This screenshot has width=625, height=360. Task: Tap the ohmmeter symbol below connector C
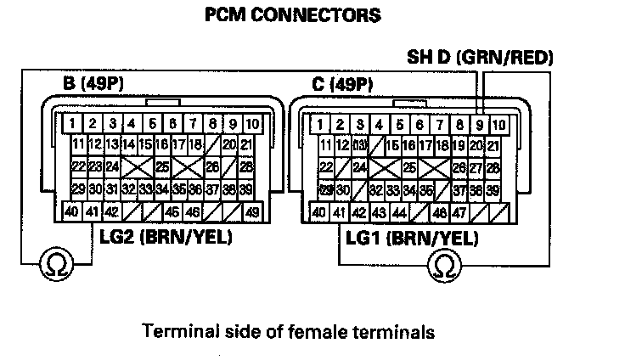pyautogui.click(x=442, y=266)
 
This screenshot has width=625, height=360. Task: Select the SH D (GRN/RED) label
pyautogui.click(x=481, y=58)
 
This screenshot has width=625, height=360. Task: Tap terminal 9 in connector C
pyautogui.click(x=481, y=125)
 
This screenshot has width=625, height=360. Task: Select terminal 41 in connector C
pyautogui.click(x=340, y=212)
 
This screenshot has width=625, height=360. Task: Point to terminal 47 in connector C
pyautogui.click(x=459, y=212)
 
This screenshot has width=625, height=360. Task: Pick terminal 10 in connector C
pyautogui.click(x=499, y=125)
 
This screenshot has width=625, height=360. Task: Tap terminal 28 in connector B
pyautogui.click(x=246, y=166)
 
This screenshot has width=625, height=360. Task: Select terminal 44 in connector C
pyautogui.click(x=399, y=212)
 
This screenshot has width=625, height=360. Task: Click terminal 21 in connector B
pyautogui.click(x=246, y=144)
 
